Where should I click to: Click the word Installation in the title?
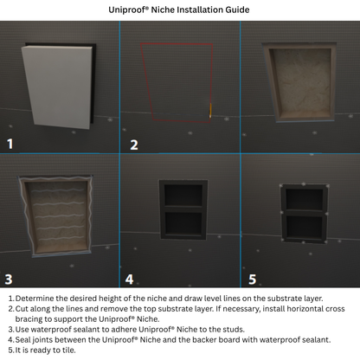pyautogui.click(x=190, y=10)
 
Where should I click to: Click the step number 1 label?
pyautogui.click(x=11, y=144)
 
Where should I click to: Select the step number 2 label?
pyautogui.click(x=133, y=144)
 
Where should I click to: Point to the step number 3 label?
pyautogui.click(x=10, y=278)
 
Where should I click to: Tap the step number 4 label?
pyautogui.click(x=130, y=279)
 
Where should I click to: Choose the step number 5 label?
pyautogui.click(x=253, y=279)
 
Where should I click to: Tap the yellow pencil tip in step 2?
pyautogui.click(x=209, y=110)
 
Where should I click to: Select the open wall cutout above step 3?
pyautogui.click(x=299, y=82)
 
